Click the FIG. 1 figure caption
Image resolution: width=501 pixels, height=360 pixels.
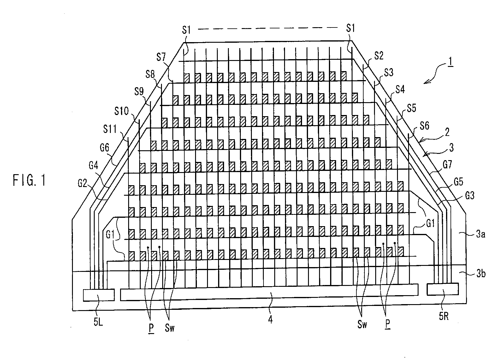pos(29,181)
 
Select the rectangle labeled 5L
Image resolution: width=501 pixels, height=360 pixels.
pos(99,295)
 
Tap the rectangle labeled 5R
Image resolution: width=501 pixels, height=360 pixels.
pos(442,289)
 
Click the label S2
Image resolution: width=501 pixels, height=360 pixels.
pos(378,56)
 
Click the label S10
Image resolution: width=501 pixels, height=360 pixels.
pos(122,111)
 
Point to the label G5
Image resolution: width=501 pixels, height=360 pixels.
pos(460,181)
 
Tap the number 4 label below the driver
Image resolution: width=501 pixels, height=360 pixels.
pos(270,320)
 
